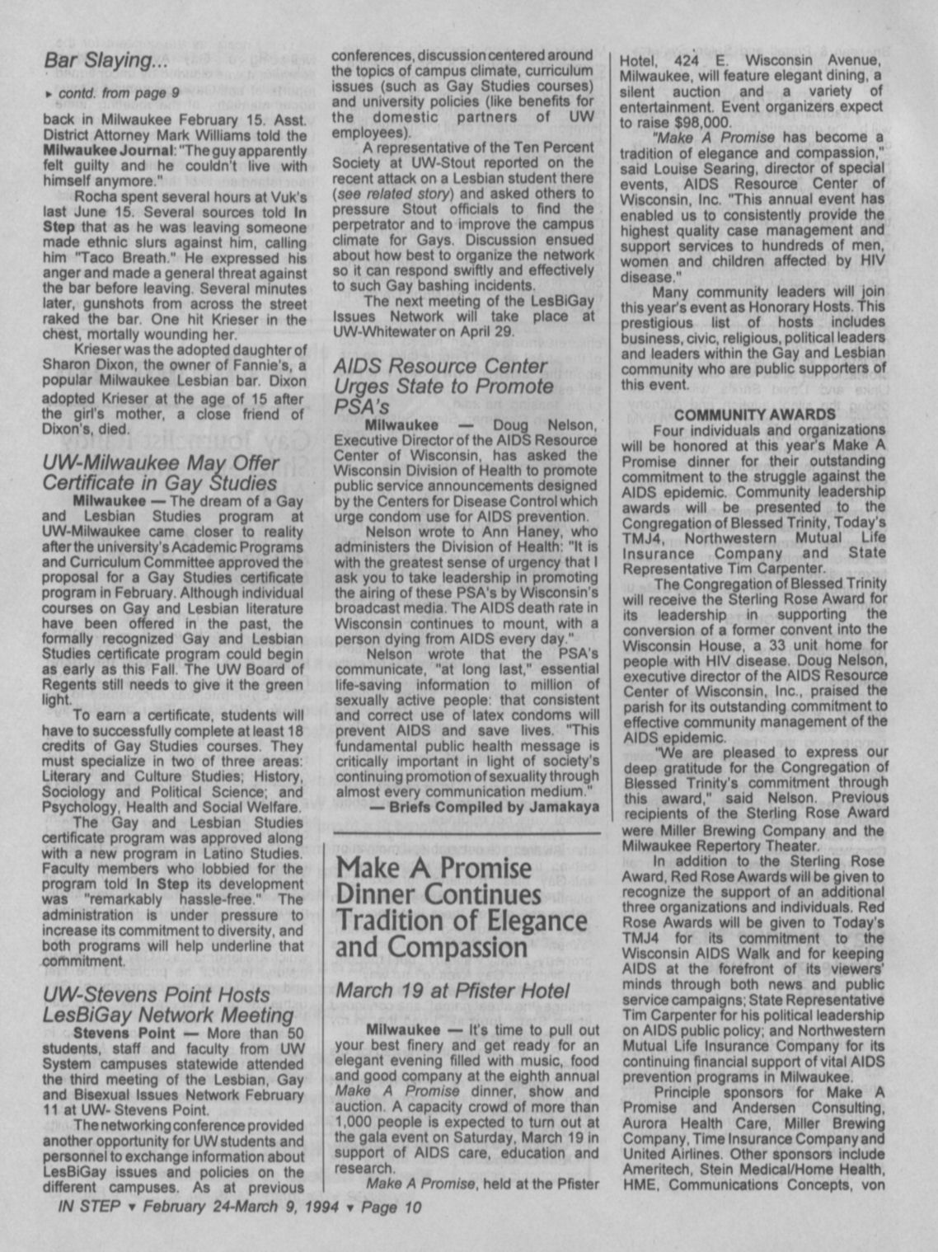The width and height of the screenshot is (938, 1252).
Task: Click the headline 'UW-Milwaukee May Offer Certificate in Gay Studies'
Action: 160,471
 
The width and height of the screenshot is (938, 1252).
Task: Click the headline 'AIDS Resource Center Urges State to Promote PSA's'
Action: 443,386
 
